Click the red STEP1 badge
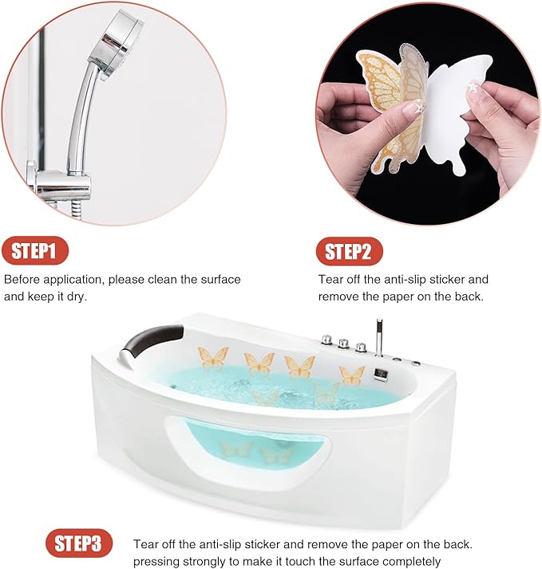click(x=34, y=252)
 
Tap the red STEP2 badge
click(x=349, y=252)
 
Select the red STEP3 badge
click(x=78, y=544)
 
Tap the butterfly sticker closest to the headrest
click(x=213, y=358)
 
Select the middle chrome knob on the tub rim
click(x=343, y=343)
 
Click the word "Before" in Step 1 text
click(x=22, y=280)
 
